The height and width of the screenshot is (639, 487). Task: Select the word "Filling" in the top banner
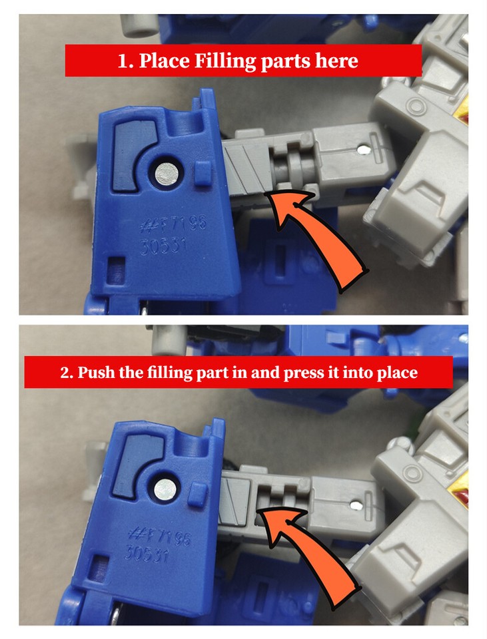click(224, 61)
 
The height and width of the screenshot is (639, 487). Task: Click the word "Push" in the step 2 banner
click(95, 372)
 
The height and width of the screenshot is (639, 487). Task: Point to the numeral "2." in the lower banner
click(67, 372)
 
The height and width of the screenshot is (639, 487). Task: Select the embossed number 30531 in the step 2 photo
click(148, 553)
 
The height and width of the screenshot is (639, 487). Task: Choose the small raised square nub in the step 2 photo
click(197, 494)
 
